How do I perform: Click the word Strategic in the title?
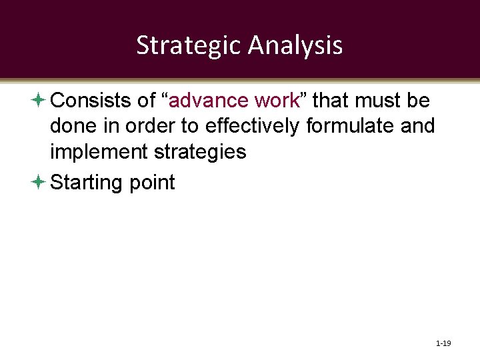(x=189, y=45)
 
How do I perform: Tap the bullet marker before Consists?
(x=39, y=101)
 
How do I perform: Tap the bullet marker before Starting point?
(x=39, y=182)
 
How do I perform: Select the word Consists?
(x=88, y=101)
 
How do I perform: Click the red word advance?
(x=209, y=101)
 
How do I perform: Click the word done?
(x=72, y=126)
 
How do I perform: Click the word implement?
(x=99, y=152)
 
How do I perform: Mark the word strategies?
(x=200, y=152)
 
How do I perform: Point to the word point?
(x=153, y=183)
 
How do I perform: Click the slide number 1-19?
(x=443, y=343)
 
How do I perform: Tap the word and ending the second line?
(x=417, y=126)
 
